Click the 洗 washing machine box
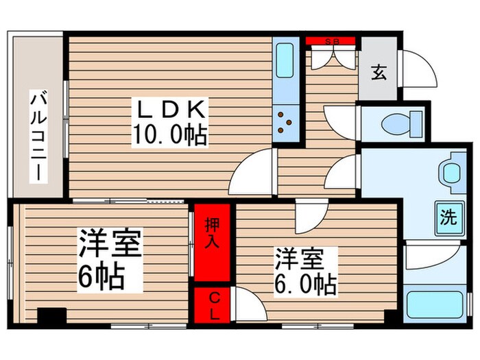click(447, 219)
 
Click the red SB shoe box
click(332, 40)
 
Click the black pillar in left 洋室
click(51, 316)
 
